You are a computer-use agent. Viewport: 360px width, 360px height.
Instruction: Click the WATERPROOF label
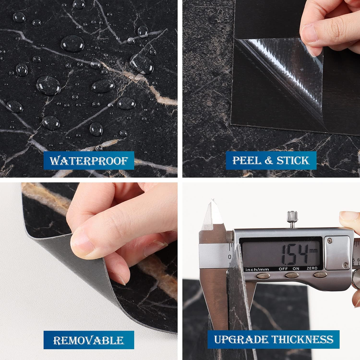pyautogui.click(x=89, y=161)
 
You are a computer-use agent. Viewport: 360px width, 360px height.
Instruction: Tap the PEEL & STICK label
pyautogui.click(x=271, y=161)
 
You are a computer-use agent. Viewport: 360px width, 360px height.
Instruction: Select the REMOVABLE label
pyautogui.click(x=89, y=340)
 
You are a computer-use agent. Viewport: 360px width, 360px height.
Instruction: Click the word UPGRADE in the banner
pyautogui.click(x=241, y=339)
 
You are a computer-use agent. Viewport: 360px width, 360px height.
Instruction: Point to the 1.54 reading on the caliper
pyautogui.click(x=295, y=254)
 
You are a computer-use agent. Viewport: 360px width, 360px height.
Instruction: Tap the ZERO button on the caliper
pyautogui.click(x=320, y=275)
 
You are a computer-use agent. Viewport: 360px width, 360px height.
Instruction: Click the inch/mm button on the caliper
pyautogui.click(x=263, y=276)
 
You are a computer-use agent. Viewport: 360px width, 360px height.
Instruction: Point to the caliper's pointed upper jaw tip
pyautogui.click(x=213, y=200)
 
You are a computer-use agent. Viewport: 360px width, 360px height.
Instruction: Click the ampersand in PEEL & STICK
pyautogui.click(x=269, y=161)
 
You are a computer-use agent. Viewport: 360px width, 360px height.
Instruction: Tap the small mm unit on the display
pyautogui.click(x=314, y=250)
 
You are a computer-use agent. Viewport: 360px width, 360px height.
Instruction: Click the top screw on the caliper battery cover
pyautogui.click(x=330, y=240)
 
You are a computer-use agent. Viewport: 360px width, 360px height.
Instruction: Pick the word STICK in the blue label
pyautogui.click(x=293, y=161)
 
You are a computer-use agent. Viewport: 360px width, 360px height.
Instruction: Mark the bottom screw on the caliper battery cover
pyautogui.click(x=345, y=265)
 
